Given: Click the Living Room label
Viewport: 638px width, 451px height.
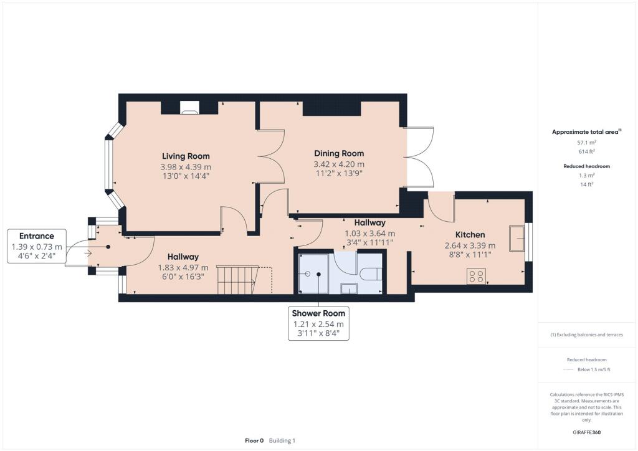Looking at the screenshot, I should (x=186, y=156).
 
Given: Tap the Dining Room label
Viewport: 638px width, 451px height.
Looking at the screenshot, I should (x=338, y=153).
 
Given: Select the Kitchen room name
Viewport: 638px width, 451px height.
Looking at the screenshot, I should (x=470, y=234).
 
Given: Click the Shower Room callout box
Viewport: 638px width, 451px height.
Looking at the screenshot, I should (x=318, y=323).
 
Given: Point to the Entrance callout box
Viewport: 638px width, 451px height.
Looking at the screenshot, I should (x=37, y=246).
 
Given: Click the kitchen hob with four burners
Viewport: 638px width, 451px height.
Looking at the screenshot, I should (x=477, y=276).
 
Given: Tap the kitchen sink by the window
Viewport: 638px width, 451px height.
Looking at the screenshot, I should (x=517, y=239).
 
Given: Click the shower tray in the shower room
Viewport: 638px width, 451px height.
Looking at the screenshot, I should (x=314, y=273).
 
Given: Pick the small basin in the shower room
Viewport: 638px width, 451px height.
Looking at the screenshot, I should (x=350, y=288).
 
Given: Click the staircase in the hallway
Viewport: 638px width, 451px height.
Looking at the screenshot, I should (x=237, y=279).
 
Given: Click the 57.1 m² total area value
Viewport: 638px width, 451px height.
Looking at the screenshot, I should (x=586, y=143).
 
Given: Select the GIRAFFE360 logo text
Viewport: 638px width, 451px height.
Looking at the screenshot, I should (x=586, y=432).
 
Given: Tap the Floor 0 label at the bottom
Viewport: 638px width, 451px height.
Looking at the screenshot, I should (x=254, y=440).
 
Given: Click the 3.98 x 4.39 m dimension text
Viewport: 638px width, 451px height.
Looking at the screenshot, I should (x=186, y=167).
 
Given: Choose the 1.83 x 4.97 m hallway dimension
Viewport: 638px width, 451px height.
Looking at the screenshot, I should (x=183, y=268).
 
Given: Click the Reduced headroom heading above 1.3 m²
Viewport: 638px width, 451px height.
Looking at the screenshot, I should (x=586, y=166).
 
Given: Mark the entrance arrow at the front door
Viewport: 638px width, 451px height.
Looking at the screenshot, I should (x=86, y=253).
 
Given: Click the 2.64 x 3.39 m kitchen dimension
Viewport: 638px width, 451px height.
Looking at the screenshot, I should (x=470, y=245).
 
